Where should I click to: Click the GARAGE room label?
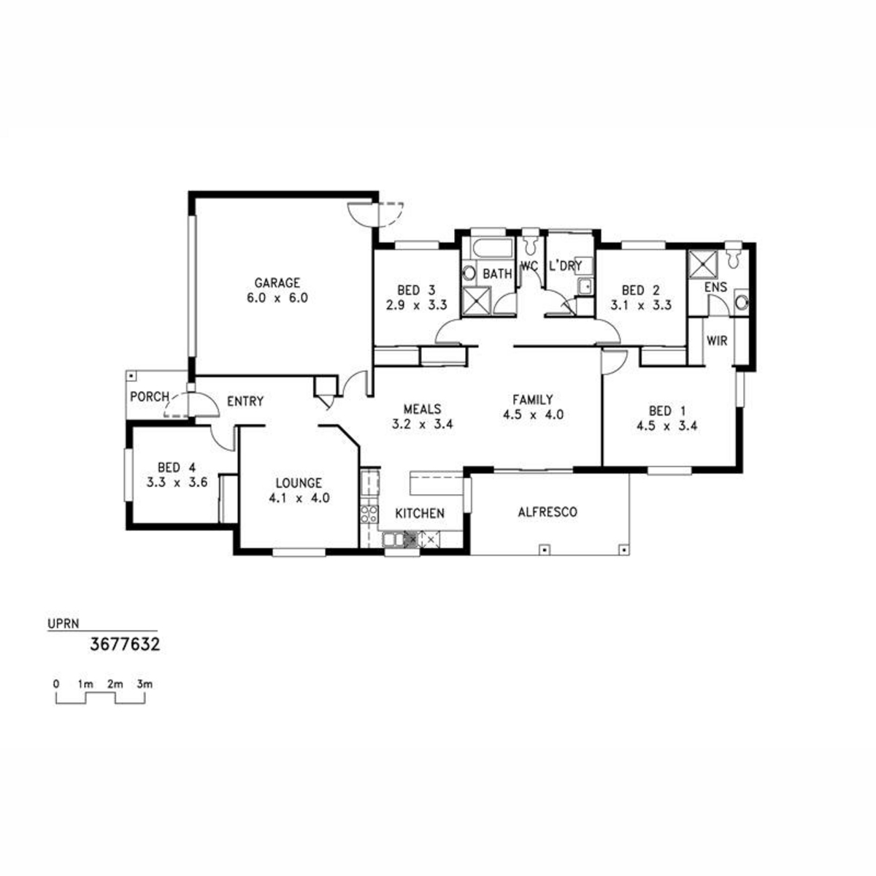tap(277, 283)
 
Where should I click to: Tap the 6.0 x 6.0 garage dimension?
tap(277, 299)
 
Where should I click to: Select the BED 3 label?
tap(416, 290)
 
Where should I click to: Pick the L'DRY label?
tap(566, 266)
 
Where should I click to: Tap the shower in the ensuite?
tap(702, 264)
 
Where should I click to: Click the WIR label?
tap(717, 340)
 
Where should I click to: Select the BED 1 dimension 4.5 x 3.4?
tap(667, 426)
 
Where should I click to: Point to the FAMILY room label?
tap(533, 399)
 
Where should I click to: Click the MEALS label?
tap(423, 409)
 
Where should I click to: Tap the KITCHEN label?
tap(420, 514)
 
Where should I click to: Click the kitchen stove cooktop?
tap(369, 514)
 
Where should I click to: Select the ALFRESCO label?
tap(547, 512)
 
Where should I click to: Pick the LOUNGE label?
tap(299, 483)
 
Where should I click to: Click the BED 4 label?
tap(177, 467)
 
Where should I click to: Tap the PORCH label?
tap(150, 397)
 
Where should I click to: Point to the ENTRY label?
tap(245, 401)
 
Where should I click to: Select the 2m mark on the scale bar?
tap(115, 684)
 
